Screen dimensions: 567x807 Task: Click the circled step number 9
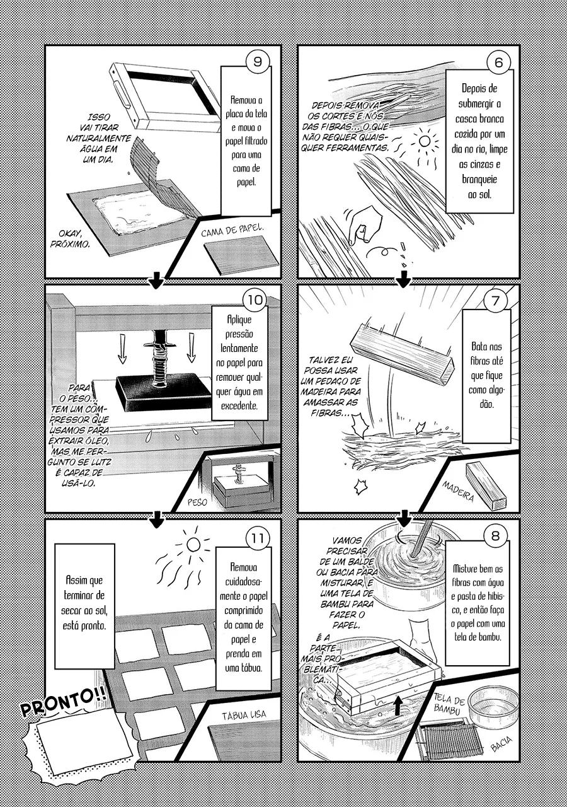point(258,62)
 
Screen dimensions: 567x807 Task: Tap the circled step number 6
point(498,62)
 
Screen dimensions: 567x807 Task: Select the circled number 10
point(255,299)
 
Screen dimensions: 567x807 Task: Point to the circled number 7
point(496,299)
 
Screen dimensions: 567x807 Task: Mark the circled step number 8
point(495,536)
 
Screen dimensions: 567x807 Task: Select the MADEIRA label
point(457,491)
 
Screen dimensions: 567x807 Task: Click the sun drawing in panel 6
point(424,142)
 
